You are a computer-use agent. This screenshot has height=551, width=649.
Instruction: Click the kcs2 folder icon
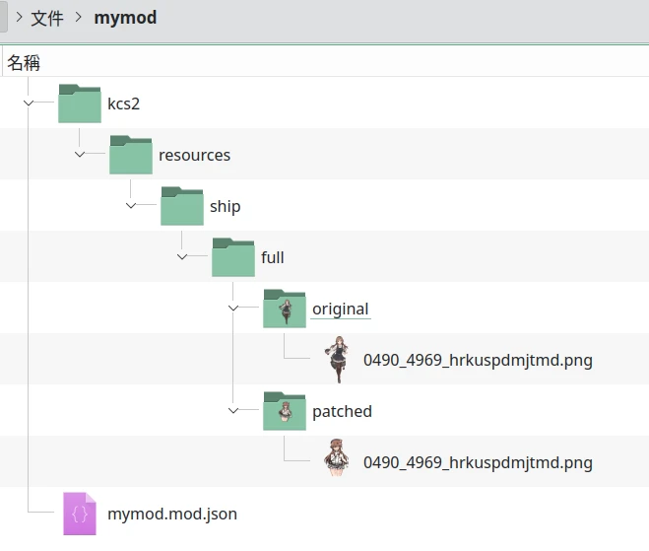[80, 103]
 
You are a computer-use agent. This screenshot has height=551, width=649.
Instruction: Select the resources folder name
[194, 155]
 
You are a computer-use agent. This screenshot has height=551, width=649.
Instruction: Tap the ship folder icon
[182, 206]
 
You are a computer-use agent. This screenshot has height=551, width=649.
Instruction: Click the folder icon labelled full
[233, 257]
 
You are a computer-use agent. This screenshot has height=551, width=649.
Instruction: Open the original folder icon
[285, 309]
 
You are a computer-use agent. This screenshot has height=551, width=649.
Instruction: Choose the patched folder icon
[285, 411]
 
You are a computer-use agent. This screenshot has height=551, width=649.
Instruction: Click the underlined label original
[340, 309]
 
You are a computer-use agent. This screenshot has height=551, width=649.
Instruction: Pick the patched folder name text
[342, 411]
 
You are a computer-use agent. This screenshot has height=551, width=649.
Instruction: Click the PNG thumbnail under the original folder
[337, 360]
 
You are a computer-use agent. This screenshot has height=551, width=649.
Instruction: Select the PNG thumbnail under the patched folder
[337, 462]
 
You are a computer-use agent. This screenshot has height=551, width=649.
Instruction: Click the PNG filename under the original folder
[478, 360]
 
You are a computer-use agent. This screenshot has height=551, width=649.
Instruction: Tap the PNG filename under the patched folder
[478, 462]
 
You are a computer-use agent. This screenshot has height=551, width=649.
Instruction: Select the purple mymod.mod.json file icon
[80, 514]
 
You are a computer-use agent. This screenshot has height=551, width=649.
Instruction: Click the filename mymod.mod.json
[172, 514]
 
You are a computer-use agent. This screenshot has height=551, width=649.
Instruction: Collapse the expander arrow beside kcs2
[30, 103]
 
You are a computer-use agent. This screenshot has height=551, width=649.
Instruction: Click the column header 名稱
[24, 63]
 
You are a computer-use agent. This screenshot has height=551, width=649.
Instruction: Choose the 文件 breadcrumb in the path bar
[48, 18]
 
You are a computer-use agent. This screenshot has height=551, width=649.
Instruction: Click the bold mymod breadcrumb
[125, 18]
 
